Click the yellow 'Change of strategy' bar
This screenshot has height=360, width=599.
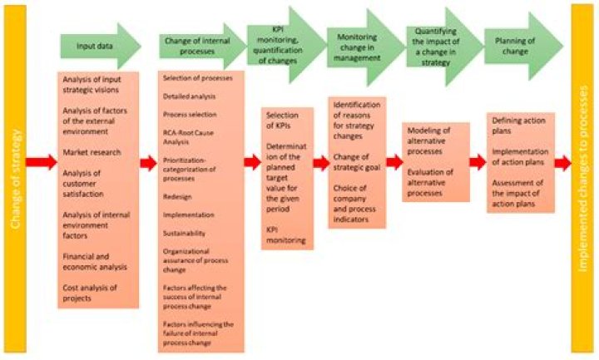(x=15, y=179)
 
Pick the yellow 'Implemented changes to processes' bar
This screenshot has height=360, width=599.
(x=582, y=179)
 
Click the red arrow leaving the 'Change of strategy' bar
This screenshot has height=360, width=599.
(x=42, y=162)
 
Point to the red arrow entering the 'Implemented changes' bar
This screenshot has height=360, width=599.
(x=562, y=163)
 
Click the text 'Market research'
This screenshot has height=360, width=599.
(x=92, y=152)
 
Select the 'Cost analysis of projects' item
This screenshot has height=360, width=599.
(x=90, y=293)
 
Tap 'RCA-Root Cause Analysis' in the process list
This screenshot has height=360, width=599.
(x=188, y=137)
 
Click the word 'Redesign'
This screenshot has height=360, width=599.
(x=177, y=197)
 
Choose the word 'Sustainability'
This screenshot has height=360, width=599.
(x=184, y=234)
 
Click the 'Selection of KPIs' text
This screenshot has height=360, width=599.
(x=282, y=121)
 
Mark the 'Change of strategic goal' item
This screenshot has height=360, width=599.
(x=356, y=162)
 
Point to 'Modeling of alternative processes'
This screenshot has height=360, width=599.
(x=428, y=141)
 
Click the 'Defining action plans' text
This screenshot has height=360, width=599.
(x=518, y=126)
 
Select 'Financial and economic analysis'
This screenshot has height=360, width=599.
(x=95, y=262)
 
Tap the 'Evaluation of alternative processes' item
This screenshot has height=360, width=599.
(x=430, y=182)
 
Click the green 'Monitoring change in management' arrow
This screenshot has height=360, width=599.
(x=365, y=47)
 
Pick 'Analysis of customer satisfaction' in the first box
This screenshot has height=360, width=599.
(x=83, y=184)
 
